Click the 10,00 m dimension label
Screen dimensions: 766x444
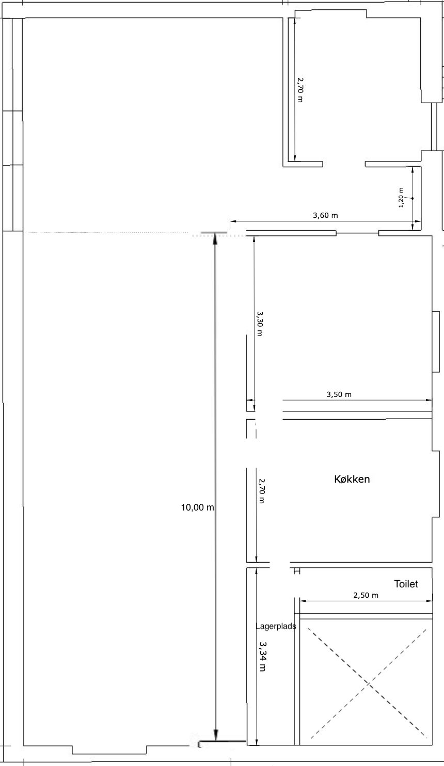coord(197,507)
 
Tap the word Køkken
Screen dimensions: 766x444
coord(352,479)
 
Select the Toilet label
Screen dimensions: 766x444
coord(406,584)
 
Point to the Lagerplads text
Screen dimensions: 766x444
coord(276,627)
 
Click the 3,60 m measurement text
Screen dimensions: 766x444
coord(325,215)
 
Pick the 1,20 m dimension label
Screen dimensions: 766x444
coord(402,198)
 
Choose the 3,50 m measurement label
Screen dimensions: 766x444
coord(339,394)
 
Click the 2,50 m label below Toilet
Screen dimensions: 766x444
coord(366,595)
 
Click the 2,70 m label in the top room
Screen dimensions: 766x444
coord(300,90)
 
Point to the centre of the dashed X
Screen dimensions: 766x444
coord(369,683)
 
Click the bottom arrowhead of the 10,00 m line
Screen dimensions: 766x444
coord(216,735)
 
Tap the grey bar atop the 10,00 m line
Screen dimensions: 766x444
coord(214,233)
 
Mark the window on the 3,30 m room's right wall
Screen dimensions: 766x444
coord(436,342)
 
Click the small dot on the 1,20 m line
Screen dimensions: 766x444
coord(413,198)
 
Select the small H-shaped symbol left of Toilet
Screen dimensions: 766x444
coord(297,571)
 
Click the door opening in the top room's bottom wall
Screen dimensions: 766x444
coord(344,164)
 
